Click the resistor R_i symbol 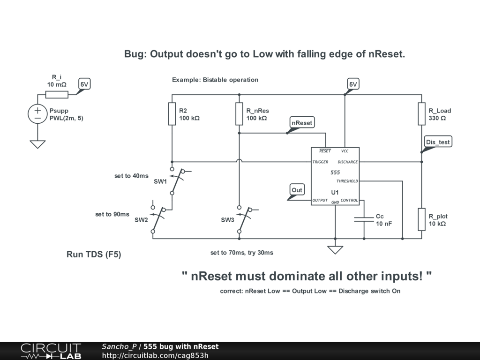(x=57, y=95)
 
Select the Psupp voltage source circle (x=37, y=114)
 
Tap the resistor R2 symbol (x=172, y=114)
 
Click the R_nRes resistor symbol (x=239, y=114)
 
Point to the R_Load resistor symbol (x=421, y=114)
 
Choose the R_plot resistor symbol (x=421, y=219)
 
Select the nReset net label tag (x=302, y=123)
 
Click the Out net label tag (x=297, y=190)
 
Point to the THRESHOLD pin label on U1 (x=347, y=181)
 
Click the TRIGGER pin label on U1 (x=321, y=162)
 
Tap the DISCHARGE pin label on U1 (x=347, y=162)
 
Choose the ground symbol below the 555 (x=335, y=249)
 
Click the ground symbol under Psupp (x=37, y=144)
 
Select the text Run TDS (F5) (x=94, y=255)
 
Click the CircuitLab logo (x=51, y=351)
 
